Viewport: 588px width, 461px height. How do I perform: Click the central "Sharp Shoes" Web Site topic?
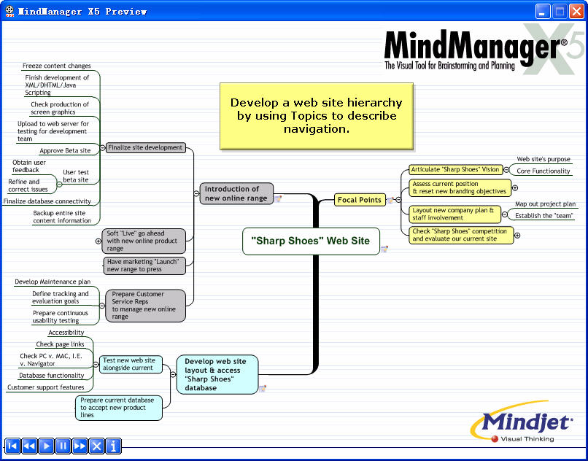pos(310,241)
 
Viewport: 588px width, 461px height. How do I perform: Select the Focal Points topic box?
pos(360,200)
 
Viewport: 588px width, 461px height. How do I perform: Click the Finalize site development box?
pos(145,147)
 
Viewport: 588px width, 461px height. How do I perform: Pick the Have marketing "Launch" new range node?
pos(143,265)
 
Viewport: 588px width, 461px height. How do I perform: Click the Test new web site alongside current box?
pos(128,364)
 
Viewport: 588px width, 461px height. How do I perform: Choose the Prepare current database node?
pos(118,408)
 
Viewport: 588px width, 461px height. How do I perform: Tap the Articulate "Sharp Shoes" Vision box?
pos(454,169)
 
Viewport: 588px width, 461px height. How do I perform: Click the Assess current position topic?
pos(459,187)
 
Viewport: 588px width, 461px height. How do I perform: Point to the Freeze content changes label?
pos(56,66)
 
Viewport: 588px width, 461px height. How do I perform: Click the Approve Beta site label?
pos(65,151)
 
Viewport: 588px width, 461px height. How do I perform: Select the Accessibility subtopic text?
pos(66,333)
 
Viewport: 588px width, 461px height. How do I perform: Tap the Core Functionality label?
pos(543,171)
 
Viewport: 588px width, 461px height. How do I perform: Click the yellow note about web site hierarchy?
pos(316,116)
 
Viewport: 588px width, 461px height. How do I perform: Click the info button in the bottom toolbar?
pos(114,446)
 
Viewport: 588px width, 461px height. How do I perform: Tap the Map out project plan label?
pos(545,204)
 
